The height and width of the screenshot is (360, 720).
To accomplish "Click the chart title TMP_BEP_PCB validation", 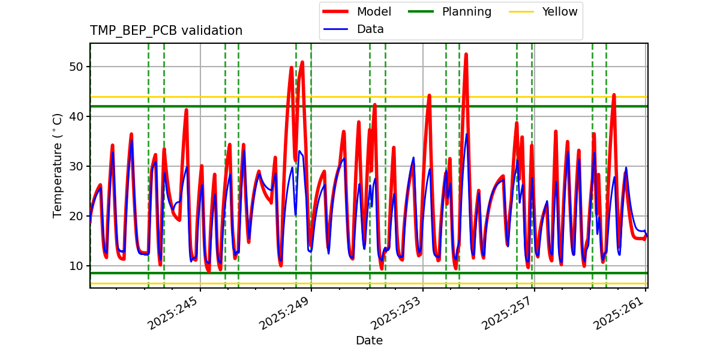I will (x=166, y=31).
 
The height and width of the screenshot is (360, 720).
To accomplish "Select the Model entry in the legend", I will (x=374, y=11).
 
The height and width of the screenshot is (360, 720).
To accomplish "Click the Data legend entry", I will (x=370, y=29).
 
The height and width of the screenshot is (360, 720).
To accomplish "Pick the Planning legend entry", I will (x=466, y=11).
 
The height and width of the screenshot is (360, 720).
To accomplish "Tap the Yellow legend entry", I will (x=559, y=11).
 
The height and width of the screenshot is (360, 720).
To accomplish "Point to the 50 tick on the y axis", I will (x=76, y=67).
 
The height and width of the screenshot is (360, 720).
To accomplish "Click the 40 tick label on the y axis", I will (x=76, y=116).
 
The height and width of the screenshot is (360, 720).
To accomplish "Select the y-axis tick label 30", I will (x=76, y=166).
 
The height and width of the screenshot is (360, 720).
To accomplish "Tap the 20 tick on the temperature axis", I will (x=76, y=216).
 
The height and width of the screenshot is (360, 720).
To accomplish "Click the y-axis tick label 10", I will (x=76, y=266).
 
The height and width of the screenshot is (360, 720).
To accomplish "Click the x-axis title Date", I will (x=369, y=341).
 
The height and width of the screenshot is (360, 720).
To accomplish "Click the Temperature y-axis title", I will (x=58, y=166).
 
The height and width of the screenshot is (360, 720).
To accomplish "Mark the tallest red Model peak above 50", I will (x=466, y=55).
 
